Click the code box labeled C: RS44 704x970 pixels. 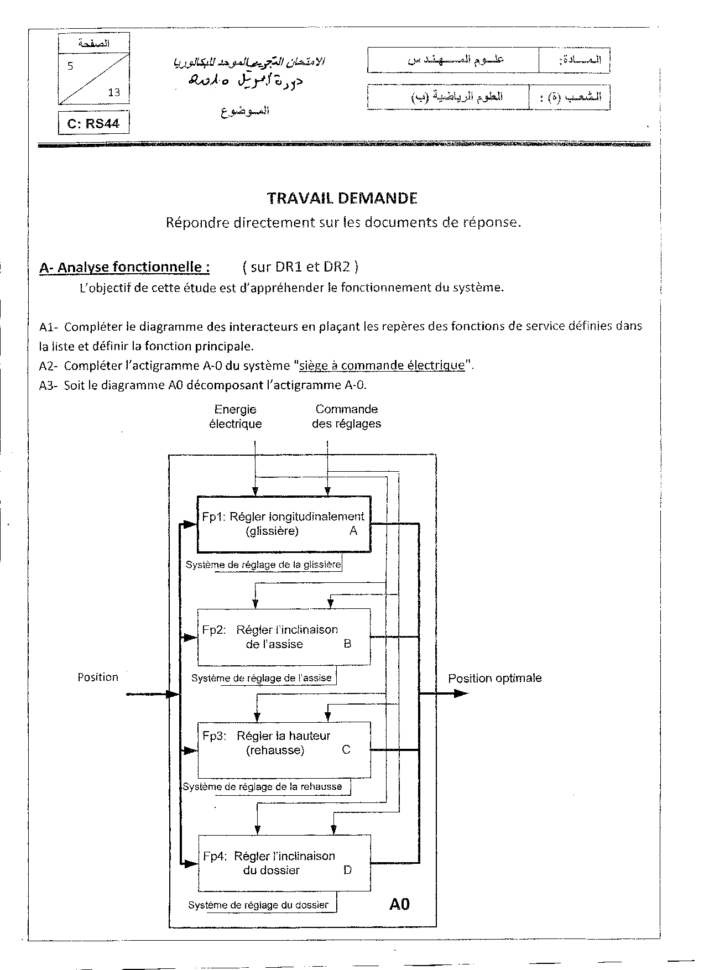point(93,123)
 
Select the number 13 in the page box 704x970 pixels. point(114,92)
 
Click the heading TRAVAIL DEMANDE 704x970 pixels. point(342,198)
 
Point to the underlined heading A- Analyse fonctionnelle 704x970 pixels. point(124,268)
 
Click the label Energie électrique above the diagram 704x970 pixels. point(235,416)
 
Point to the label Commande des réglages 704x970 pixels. point(346,416)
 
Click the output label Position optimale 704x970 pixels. point(494,679)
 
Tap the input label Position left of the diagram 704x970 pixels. point(98,677)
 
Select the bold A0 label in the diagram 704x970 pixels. point(399,905)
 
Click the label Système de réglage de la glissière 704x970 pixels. point(263,565)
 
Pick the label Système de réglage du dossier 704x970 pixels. point(258,905)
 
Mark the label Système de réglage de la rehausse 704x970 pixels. point(263,786)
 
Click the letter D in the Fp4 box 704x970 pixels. point(347,870)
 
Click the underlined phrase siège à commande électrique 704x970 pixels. point(382,366)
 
